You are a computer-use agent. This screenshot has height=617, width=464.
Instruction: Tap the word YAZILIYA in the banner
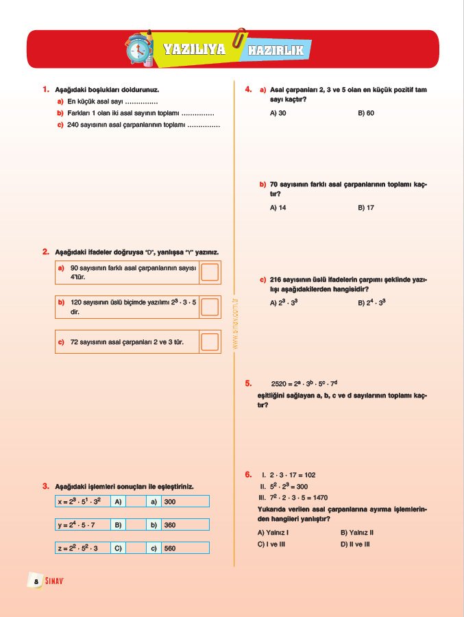coord(195,50)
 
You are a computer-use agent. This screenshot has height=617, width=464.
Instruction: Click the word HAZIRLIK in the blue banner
coord(275,50)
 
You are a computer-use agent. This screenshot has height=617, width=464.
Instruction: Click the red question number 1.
coord(45,89)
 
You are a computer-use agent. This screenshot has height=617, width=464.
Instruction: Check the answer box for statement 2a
coord(210,272)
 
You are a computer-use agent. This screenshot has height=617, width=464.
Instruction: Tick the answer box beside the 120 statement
coord(210,306)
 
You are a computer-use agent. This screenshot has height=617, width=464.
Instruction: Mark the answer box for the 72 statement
coord(210,341)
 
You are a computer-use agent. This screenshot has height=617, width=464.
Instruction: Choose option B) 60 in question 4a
coord(366,112)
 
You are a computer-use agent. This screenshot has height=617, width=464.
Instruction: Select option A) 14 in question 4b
coord(278,207)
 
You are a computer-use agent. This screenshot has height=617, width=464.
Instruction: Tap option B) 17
coord(366,207)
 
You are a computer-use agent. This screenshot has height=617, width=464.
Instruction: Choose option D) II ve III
coord(355,544)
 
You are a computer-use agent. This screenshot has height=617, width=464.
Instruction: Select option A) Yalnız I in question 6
coord(273,532)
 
